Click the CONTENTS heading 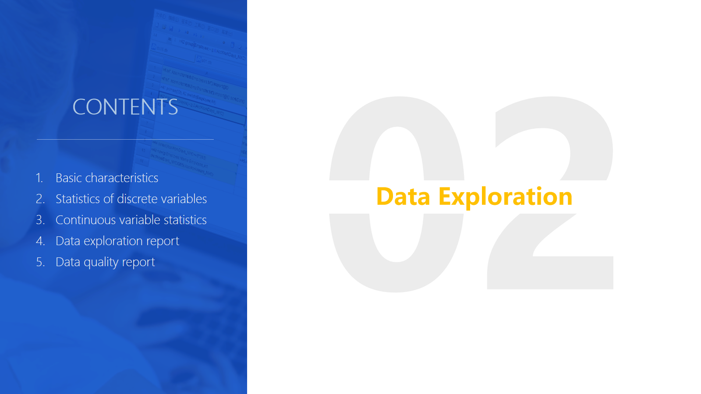tap(125, 107)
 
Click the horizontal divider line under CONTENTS tap(125, 139)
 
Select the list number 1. tap(39, 178)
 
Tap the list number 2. tap(40, 199)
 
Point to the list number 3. tap(40, 220)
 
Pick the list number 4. tap(40, 241)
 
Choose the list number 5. tap(40, 262)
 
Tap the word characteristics tap(122, 178)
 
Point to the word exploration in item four tap(113, 241)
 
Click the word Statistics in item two tap(78, 199)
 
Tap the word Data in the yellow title tap(403, 197)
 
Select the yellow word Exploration tap(506, 197)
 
